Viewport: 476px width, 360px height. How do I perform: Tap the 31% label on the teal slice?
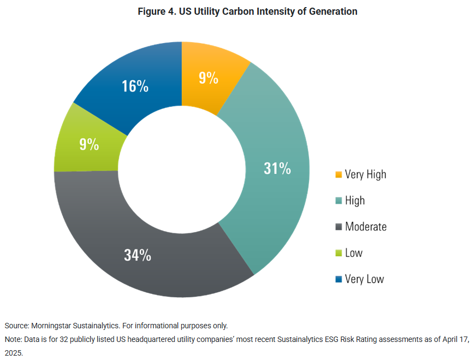point(277,168)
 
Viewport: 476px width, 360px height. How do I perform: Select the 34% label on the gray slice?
point(138,255)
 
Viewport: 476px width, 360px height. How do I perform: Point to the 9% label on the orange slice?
point(209,78)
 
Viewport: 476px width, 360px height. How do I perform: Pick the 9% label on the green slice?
point(89,144)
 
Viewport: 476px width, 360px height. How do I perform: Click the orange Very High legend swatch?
point(338,175)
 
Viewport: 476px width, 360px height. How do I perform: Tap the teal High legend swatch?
point(338,201)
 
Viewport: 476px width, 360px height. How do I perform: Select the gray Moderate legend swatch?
point(338,227)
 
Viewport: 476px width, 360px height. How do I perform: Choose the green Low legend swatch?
point(338,253)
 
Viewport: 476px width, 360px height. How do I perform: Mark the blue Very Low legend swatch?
point(338,279)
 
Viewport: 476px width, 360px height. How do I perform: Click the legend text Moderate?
point(366,227)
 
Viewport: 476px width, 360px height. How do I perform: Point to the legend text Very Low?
point(364,279)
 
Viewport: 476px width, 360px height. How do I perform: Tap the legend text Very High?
point(365,175)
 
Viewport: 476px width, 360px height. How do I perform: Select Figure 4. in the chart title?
point(157,11)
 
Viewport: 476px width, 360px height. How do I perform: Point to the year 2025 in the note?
point(14,353)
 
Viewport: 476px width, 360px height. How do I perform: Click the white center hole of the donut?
point(182,170)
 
